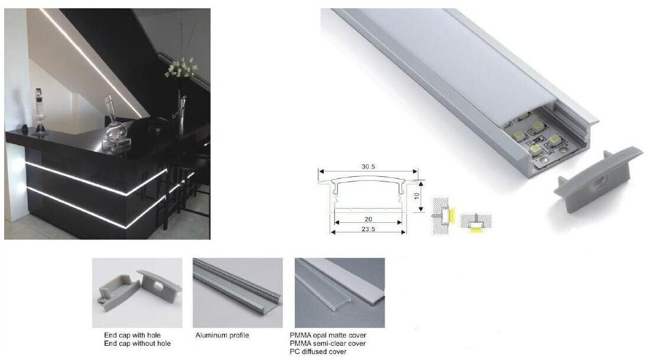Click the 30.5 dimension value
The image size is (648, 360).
(368, 167)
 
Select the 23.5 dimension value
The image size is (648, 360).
(368, 229)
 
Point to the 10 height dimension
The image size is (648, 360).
(416, 196)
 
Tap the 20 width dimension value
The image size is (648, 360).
(368, 219)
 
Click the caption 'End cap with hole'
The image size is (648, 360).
(132, 335)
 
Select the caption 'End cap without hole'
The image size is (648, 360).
(137, 343)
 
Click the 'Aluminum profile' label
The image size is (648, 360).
(222, 335)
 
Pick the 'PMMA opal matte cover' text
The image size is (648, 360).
(328, 335)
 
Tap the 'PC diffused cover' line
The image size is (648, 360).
(318, 352)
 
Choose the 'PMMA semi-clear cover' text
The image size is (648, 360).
(328, 343)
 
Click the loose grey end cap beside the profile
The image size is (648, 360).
(598, 179)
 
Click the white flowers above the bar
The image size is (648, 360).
(181, 68)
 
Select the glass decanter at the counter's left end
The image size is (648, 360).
(40, 111)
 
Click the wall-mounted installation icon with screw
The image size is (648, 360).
(443, 216)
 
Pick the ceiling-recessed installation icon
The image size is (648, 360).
(477, 223)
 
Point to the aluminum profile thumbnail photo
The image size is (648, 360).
(237, 293)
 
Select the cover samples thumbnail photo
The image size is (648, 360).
(340, 293)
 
